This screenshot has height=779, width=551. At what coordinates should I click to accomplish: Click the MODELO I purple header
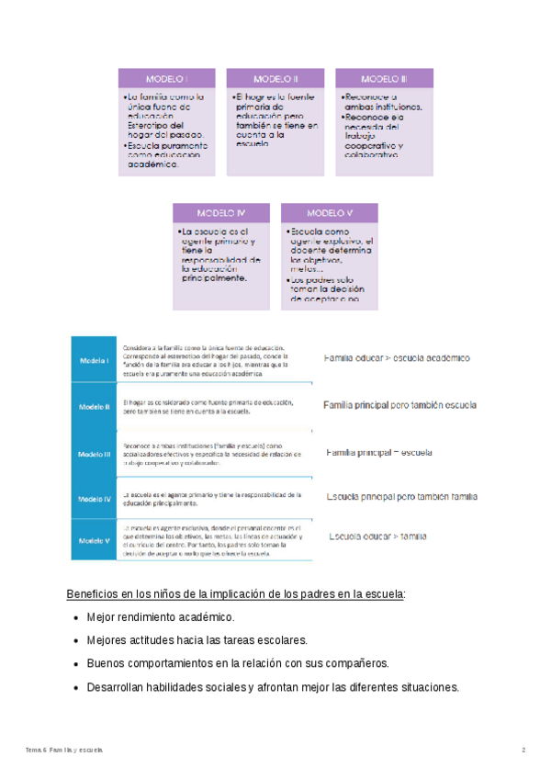tap(166, 78)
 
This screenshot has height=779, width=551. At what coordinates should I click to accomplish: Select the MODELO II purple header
tap(275, 78)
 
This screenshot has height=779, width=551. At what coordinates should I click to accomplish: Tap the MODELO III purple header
tap(384, 78)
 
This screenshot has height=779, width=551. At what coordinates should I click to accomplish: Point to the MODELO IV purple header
tap(221, 213)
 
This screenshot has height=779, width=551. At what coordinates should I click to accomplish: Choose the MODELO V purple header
tap(330, 213)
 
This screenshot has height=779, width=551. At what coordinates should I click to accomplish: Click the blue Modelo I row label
tap(95, 361)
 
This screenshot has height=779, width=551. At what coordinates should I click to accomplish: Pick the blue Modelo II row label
tap(95, 405)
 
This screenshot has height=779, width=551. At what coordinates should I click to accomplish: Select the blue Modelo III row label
tap(95, 453)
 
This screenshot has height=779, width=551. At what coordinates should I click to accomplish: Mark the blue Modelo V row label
tap(95, 540)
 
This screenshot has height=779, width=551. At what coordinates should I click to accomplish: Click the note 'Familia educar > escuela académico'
tap(397, 357)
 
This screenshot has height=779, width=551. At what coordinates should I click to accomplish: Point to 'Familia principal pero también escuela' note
tap(399, 405)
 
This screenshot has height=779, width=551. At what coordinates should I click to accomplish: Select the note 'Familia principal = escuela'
tap(378, 452)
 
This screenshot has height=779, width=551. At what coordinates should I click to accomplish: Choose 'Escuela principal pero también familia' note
tap(402, 496)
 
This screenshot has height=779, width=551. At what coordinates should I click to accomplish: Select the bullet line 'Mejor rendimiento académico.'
tap(161, 617)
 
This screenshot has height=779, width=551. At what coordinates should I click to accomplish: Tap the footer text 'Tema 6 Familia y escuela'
tap(65, 751)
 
